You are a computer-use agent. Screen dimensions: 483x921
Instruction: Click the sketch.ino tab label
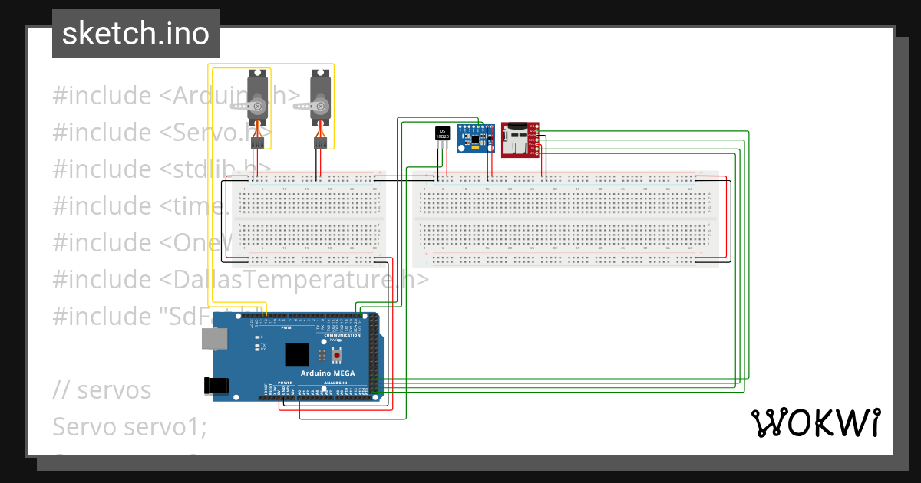click(x=135, y=34)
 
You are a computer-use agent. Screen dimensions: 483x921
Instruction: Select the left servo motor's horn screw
click(x=258, y=105)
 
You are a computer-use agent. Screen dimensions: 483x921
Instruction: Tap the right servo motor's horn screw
click(x=321, y=105)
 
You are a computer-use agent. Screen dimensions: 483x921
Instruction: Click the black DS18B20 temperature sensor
click(x=442, y=133)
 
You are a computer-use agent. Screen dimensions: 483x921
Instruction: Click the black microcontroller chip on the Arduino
click(x=297, y=354)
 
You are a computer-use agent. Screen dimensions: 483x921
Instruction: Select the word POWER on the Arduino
click(x=286, y=382)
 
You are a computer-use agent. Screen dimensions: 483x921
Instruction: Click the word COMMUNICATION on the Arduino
click(x=342, y=336)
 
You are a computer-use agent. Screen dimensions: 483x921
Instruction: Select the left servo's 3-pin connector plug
click(x=258, y=143)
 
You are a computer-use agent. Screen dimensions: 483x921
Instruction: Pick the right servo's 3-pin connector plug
click(x=321, y=143)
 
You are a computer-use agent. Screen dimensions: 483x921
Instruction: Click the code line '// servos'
click(x=102, y=389)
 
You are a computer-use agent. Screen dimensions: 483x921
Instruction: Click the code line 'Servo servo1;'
click(x=130, y=426)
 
